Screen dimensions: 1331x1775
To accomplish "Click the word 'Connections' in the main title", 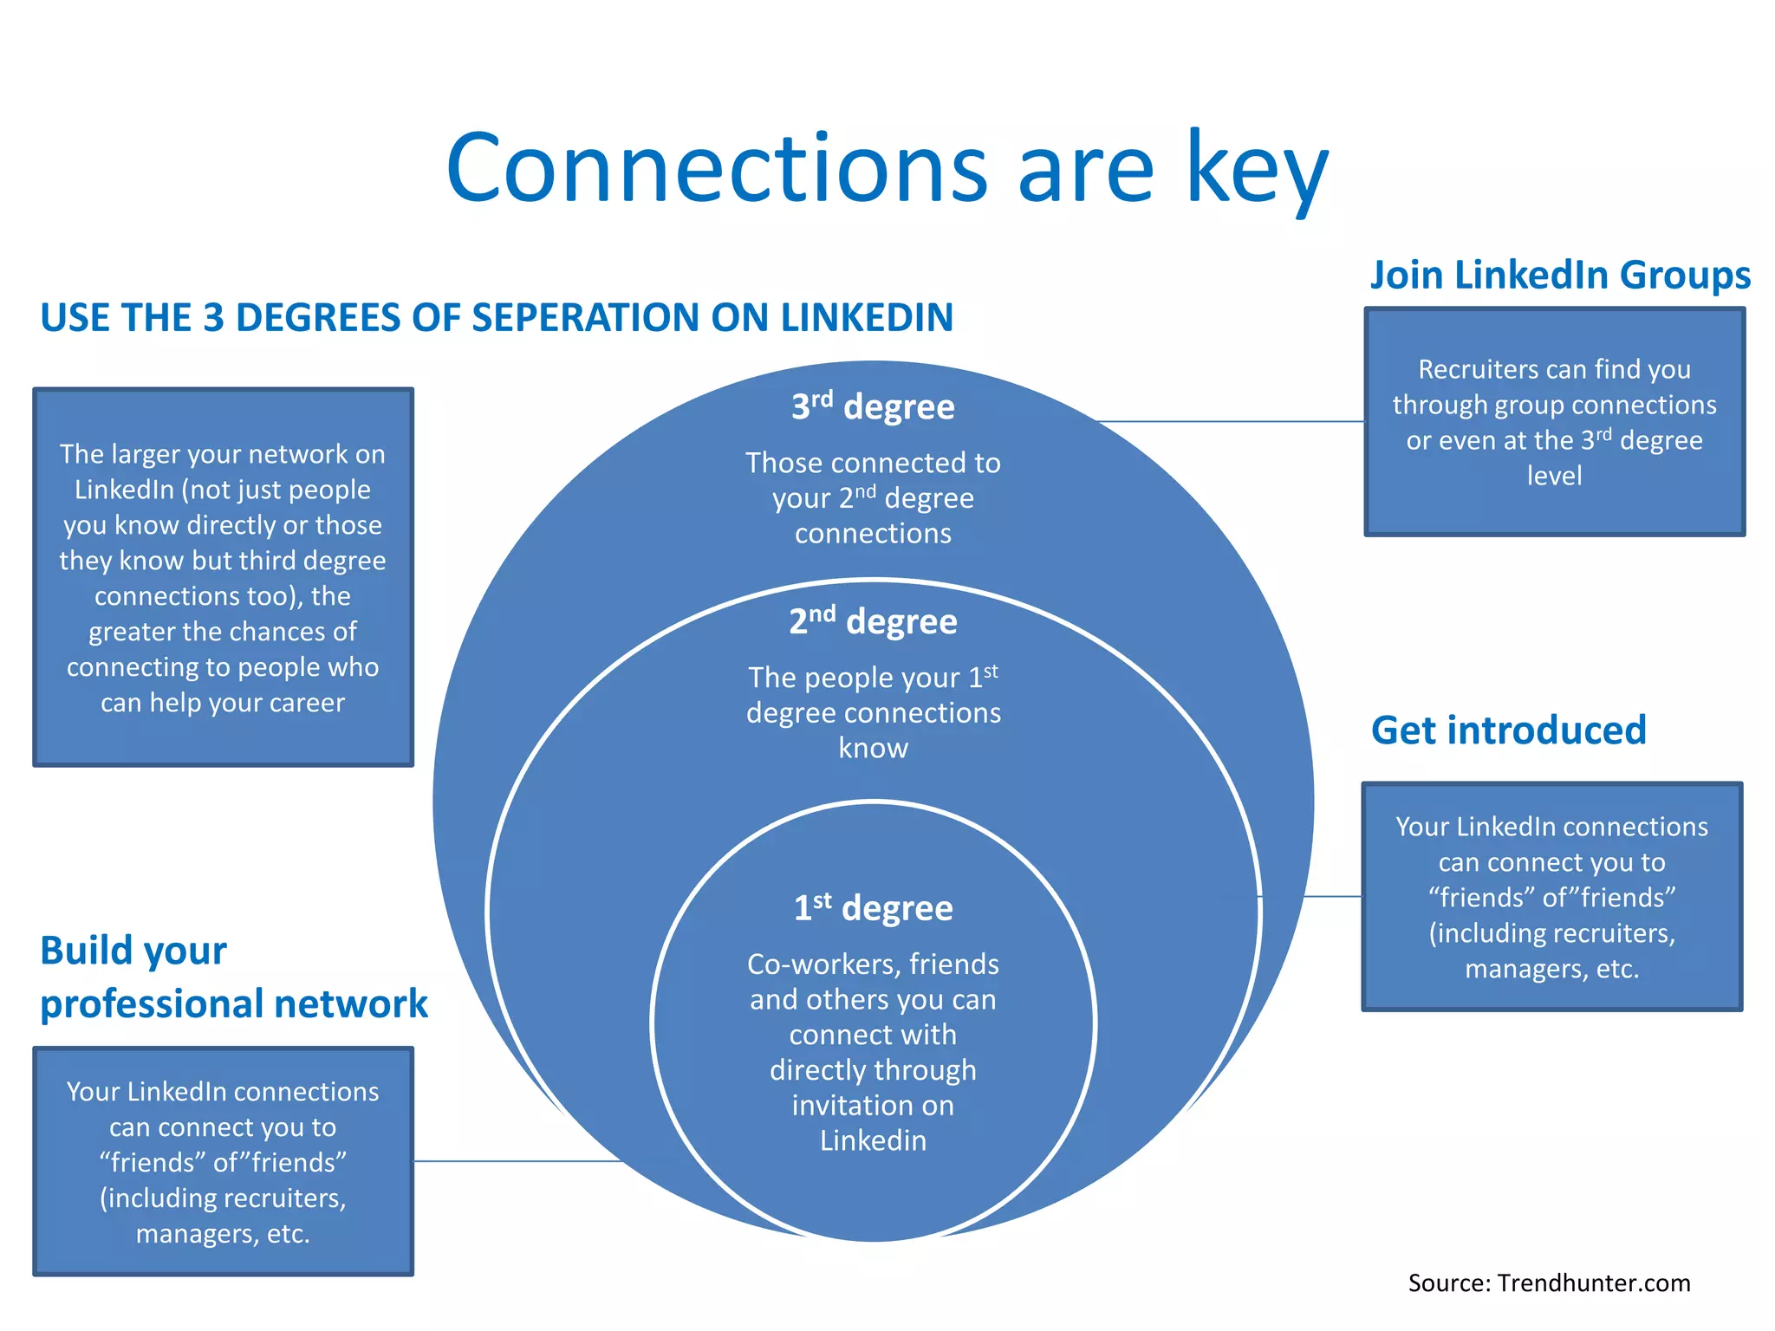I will [716, 169].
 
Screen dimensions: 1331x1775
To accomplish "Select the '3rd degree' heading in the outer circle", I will [873, 406].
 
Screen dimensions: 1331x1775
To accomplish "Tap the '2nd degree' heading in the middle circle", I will [873, 621].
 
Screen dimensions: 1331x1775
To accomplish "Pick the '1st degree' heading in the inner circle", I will [873, 908].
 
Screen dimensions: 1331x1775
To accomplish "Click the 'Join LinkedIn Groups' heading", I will [1559, 275].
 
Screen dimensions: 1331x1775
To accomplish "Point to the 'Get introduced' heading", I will [1508, 730].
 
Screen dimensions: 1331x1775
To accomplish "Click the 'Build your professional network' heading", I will [233, 977].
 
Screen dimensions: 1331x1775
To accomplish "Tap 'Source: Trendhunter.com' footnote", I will [1549, 1282].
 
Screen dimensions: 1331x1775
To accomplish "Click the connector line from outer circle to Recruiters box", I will [1231, 421].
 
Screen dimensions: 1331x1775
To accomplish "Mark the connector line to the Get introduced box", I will [1332, 896].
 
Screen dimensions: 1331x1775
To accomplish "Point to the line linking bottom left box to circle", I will [517, 1161].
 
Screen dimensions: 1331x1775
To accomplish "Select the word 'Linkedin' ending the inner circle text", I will [873, 1141].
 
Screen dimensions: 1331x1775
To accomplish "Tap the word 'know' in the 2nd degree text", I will [873, 748].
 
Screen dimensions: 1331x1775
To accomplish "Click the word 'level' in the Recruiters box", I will [1554, 476].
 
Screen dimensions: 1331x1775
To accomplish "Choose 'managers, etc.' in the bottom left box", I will [223, 1233].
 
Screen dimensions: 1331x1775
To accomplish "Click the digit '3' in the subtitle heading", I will [213, 318].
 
